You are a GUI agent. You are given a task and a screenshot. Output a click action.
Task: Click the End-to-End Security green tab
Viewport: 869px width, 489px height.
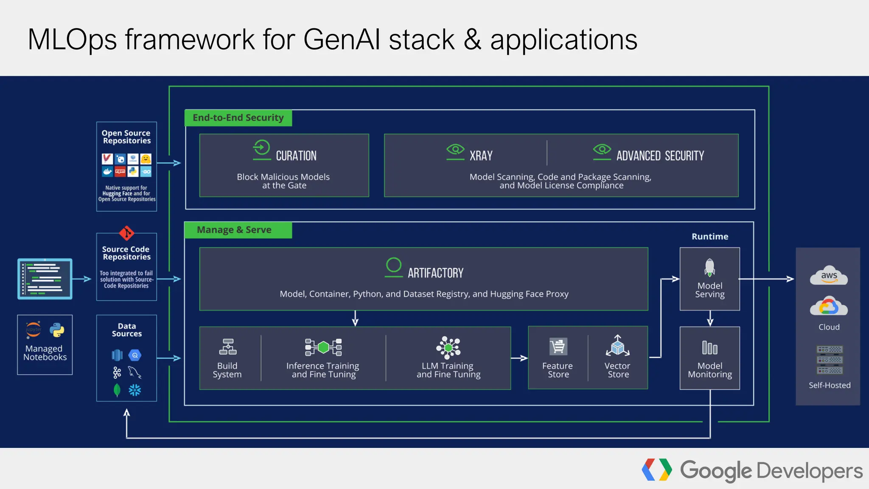(238, 118)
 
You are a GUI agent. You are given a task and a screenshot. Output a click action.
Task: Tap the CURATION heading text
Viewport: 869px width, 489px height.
(296, 156)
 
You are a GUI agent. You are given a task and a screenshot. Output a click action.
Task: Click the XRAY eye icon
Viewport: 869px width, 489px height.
(455, 150)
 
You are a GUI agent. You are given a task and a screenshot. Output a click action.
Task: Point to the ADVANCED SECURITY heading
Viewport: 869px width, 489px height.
(660, 156)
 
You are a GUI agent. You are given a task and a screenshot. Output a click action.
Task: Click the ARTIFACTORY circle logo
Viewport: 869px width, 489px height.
(393, 265)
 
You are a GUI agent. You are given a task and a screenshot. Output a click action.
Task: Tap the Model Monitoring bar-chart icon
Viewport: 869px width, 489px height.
(709, 348)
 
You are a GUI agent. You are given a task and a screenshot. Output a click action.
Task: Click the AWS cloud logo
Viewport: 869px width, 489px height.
(829, 276)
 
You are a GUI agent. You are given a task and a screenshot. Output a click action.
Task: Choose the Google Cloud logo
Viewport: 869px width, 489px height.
(829, 306)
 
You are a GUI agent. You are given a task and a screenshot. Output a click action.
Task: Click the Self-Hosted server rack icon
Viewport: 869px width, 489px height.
(830, 360)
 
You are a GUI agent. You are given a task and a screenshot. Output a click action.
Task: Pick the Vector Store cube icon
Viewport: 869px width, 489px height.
(617, 346)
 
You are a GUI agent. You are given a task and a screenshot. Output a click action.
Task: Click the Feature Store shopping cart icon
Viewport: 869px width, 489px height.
(558, 347)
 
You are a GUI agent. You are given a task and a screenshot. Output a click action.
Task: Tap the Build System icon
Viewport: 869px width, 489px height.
(228, 347)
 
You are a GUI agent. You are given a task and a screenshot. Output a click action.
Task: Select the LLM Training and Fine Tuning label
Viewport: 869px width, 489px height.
(448, 370)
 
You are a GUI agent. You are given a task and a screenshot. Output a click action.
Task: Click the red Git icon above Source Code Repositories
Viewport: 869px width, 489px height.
(126, 233)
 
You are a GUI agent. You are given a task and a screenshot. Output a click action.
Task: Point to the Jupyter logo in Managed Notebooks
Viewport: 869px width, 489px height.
(34, 330)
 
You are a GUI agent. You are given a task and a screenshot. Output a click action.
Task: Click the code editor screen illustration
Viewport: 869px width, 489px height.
(45, 279)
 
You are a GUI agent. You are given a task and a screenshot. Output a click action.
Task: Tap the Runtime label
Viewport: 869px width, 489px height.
(709, 237)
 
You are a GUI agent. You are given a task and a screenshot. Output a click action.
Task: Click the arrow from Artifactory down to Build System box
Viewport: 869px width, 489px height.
(355, 318)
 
